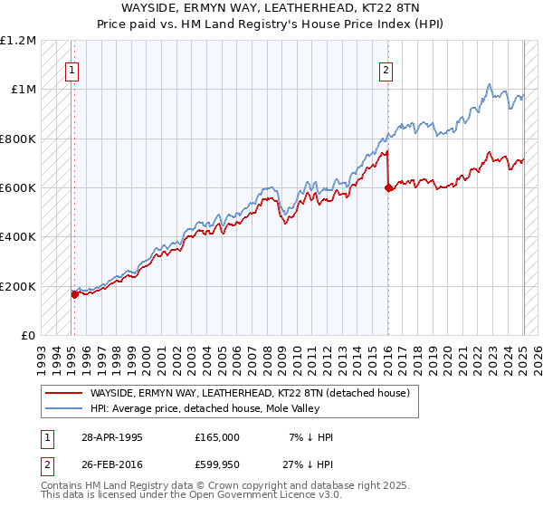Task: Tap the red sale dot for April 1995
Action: click(74, 294)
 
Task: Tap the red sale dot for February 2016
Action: click(388, 187)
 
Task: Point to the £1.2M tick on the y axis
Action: click(18, 41)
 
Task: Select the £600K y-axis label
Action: click(18, 188)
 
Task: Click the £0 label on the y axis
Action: click(28, 336)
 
